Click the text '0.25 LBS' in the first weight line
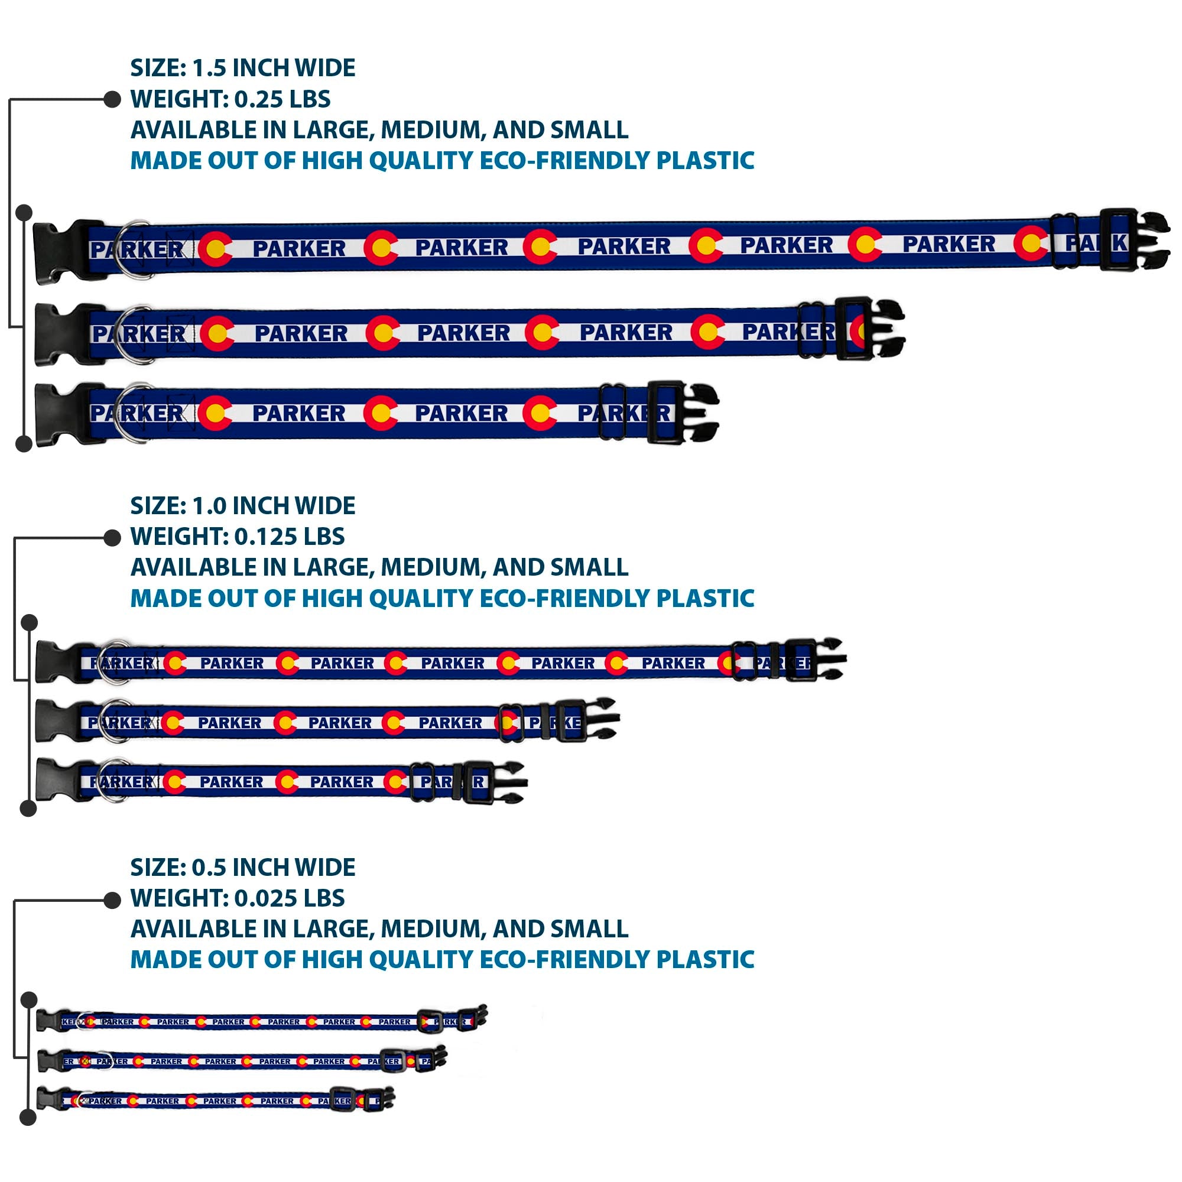(x=282, y=99)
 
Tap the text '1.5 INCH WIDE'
(x=274, y=68)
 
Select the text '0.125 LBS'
(x=290, y=537)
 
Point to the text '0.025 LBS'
(x=290, y=898)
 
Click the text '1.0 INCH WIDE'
(x=274, y=505)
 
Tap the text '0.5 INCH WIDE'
(x=274, y=867)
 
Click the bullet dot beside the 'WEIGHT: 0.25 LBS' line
(x=112, y=99)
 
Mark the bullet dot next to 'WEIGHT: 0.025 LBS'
(x=112, y=900)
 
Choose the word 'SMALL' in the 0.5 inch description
(x=589, y=928)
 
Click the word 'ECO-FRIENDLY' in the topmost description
(x=564, y=160)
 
